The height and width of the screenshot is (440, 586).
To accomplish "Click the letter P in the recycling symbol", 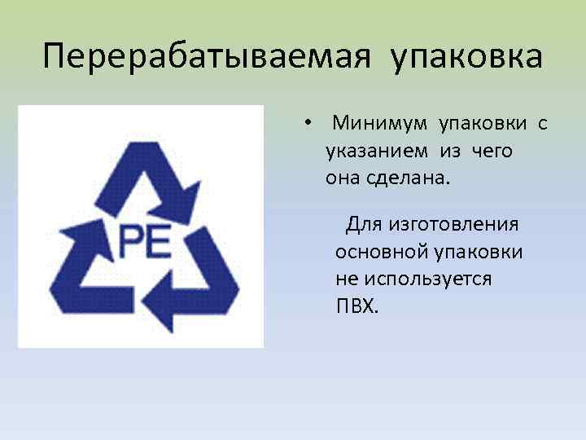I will [132, 240].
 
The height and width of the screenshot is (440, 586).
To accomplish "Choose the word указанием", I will [378, 152].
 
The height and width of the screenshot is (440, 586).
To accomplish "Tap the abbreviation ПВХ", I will [356, 306].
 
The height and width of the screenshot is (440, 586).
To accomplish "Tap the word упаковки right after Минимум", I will [483, 125].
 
